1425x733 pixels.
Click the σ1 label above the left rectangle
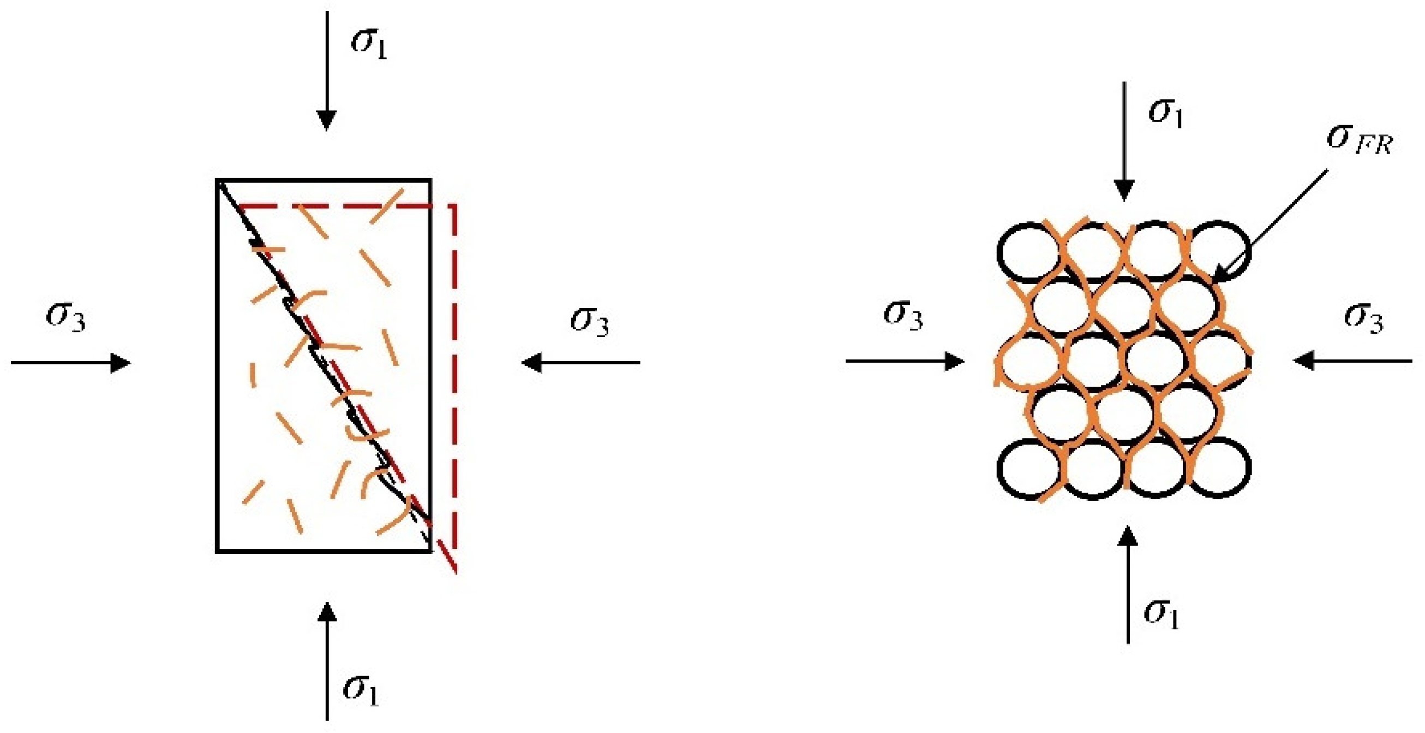(x=369, y=44)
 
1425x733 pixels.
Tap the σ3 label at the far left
(x=66, y=318)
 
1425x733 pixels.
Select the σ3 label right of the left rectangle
(x=590, y=322)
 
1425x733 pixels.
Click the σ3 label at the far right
(x=1364, y=318)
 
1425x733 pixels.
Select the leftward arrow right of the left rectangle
(x=581, y=363)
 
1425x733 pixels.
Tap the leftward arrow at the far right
(x=1352, y=362)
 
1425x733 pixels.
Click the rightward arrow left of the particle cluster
(x=905, y=362)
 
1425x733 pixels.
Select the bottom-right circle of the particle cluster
(x=1220, y=468)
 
